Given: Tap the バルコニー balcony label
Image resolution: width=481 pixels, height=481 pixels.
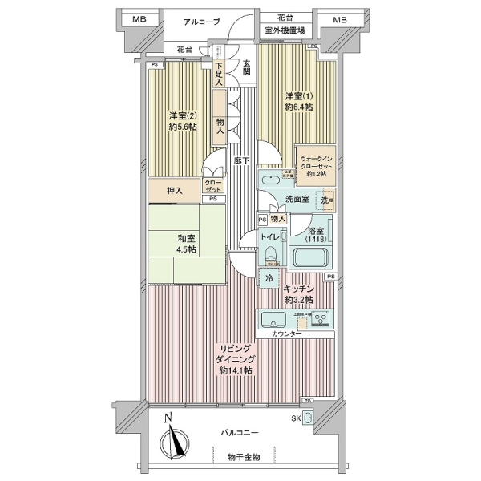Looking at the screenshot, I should [240, 432].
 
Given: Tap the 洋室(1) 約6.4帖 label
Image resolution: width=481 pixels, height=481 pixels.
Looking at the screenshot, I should [297, 102].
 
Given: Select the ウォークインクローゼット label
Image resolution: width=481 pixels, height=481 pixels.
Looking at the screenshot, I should [316, 164].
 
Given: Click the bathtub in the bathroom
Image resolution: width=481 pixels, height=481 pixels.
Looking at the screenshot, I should [309, 257].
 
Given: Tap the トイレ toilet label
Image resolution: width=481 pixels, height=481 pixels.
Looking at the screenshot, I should [269, 237].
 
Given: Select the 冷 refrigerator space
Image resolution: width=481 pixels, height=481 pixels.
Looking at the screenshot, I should [269, 277].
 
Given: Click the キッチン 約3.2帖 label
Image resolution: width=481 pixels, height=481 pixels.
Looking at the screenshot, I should [298, 293].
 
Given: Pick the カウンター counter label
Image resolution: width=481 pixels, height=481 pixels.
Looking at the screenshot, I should [286, 333].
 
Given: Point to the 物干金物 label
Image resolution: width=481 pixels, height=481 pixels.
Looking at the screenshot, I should [243, 457].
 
